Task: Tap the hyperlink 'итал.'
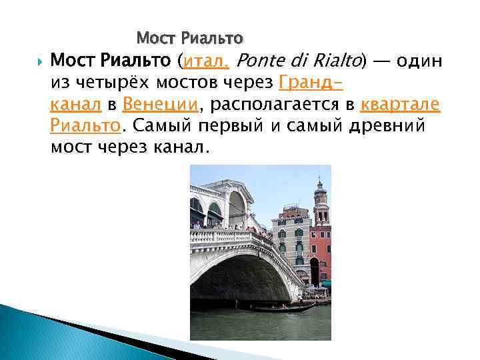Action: pyautogui.click(x=207, y=62)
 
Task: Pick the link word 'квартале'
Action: pyautogui.click(x=399, y=105)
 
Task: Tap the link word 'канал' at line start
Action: pyautogui.click(x=75, y=105)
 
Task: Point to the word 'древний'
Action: pyautogui.click(x=386, y=126)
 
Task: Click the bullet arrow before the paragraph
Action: pyautogui.click(x=39, y=62)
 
